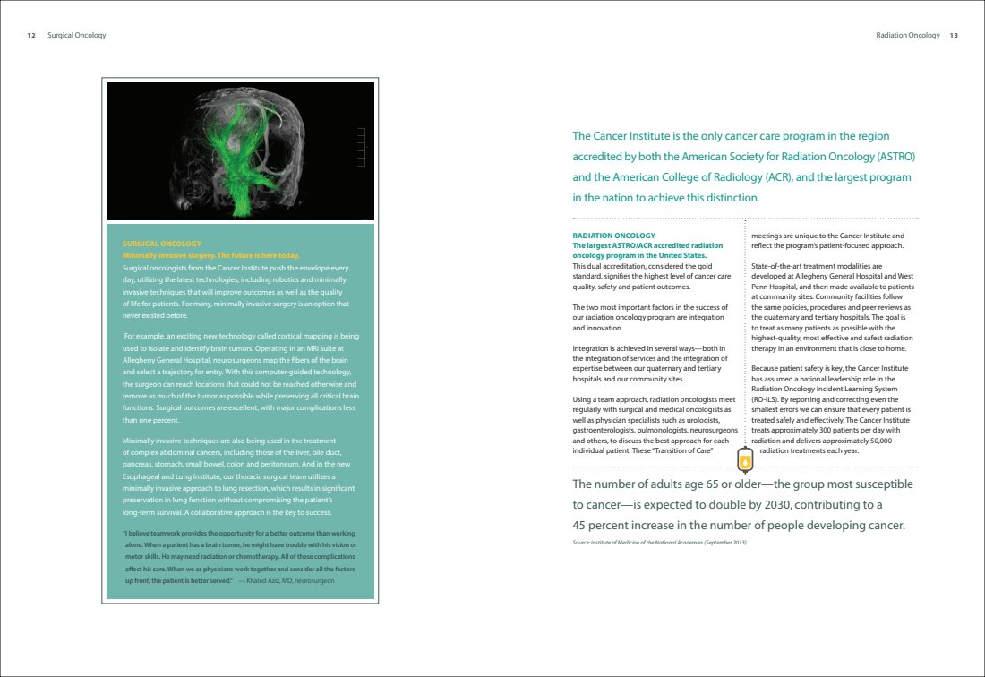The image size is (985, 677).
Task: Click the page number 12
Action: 31,36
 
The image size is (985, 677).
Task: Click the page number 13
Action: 954,36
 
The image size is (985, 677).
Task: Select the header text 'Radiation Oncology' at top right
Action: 908,36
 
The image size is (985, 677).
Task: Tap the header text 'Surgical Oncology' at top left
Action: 76,36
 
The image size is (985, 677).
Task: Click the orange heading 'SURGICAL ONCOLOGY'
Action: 161,244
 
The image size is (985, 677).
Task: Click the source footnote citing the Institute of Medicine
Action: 659,544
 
